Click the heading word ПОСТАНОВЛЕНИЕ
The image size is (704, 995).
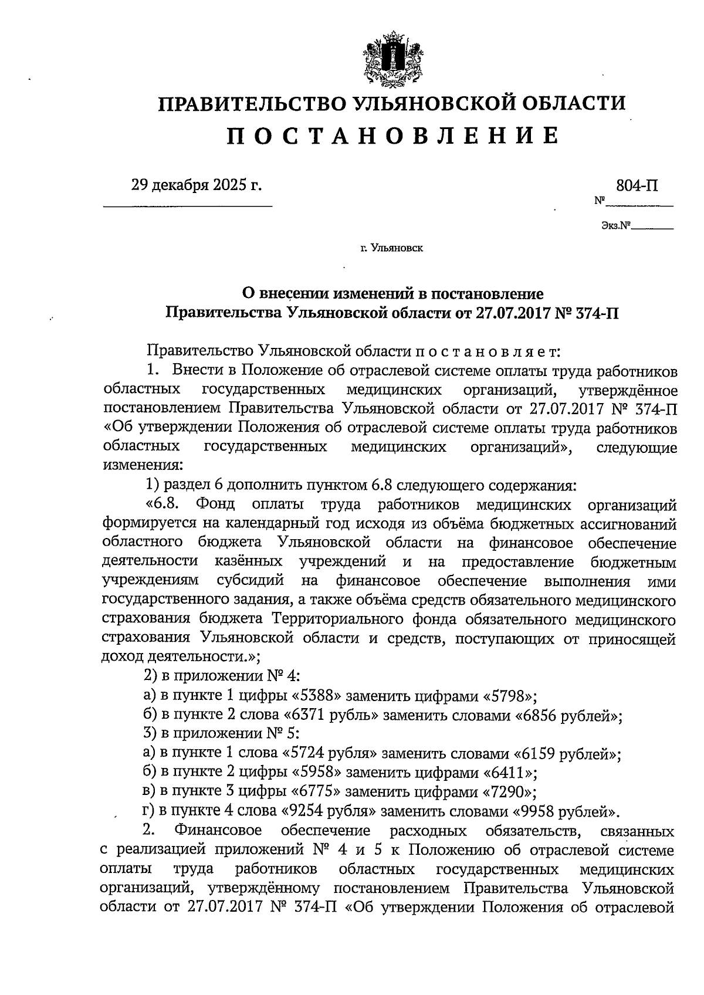click(392, 136)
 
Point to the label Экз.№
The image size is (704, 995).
click(615, 225)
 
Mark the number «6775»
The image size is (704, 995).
click(316, 793)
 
